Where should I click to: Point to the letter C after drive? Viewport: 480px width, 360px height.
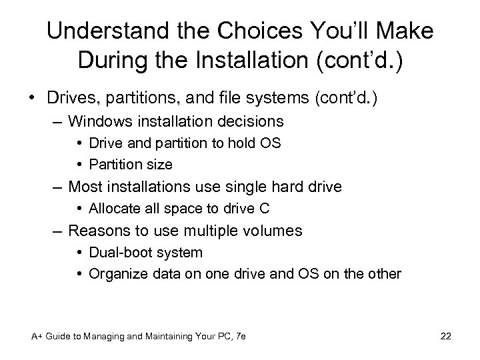[265, 209]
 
